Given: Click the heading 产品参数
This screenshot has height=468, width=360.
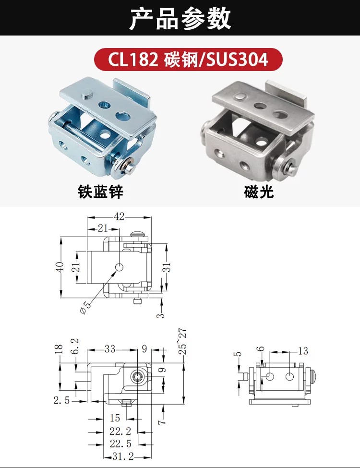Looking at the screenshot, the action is pos(180,19).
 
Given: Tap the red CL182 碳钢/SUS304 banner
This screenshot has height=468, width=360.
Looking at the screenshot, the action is pos(188,60).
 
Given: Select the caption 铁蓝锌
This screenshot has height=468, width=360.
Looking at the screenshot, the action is pos(100,192).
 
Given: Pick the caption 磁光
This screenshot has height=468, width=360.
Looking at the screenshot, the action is pos(259,192).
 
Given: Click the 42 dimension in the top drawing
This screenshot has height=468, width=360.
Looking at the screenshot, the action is pos(119,216).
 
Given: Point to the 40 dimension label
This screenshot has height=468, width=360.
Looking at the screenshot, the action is pos(60,266).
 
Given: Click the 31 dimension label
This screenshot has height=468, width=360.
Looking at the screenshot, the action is pos(168,267).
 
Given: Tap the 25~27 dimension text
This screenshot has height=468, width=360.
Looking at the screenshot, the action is pos(183,341).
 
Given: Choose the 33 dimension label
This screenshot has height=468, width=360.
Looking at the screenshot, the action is pos(110,348).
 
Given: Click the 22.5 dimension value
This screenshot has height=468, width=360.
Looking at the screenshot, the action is pos(120,444).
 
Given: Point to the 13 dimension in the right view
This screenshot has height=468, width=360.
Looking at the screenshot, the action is pos(303,351).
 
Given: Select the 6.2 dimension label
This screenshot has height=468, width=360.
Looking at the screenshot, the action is pos(75,346).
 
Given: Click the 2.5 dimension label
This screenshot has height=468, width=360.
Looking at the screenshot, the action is pos(62,400).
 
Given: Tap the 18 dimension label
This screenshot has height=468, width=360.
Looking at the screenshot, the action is pos(59,349).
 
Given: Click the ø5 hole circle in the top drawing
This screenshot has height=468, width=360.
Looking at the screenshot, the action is pos(119,267).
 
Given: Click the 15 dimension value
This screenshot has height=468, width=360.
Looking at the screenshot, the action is pos(115,418).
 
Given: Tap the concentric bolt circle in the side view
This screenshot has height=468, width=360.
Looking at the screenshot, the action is pos(137,377).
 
